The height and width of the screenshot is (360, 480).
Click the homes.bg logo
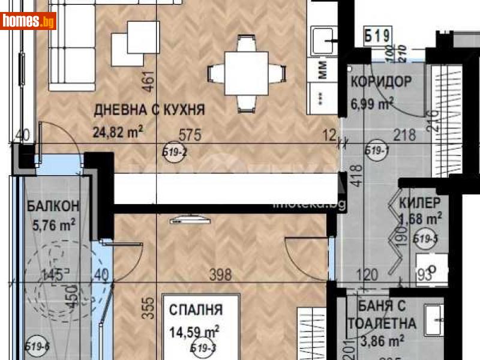pos(29,21)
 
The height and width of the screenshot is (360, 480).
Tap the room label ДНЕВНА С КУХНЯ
pos(149,110)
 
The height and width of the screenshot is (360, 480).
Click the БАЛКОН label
pos(53,206)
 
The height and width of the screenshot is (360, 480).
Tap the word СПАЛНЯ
pos(196,310)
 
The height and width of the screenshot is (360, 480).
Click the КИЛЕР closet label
pos(421,202)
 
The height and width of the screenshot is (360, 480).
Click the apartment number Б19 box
pos(378,36)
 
